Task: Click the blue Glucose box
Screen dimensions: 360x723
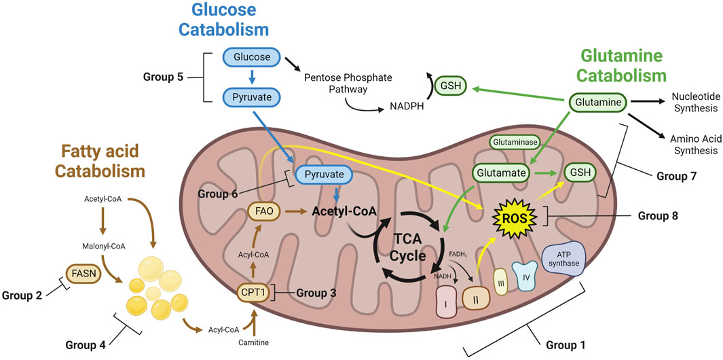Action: [x=248, y=58]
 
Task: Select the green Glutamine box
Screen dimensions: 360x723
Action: [x=596, y=103]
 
